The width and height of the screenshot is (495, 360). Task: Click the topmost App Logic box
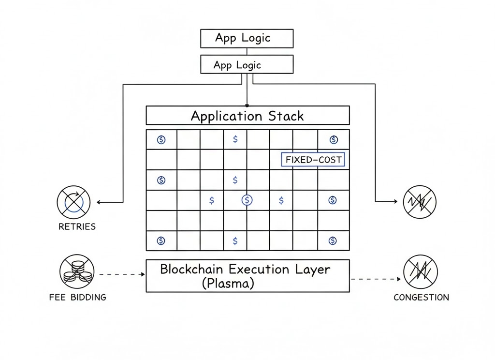tap(247, 38)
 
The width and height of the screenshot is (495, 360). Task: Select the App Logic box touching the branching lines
tap(247, 64)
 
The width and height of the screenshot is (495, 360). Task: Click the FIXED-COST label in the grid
tap(313, 160)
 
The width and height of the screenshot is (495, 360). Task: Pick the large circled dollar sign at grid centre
tap(247, 199)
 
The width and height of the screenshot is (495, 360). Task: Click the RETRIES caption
tap(77, 226)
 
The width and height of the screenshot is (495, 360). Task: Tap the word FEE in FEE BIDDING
tap(58, 297)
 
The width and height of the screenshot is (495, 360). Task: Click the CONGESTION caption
tap(421, 297)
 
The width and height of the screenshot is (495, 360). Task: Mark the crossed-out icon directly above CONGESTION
tap(420, 271)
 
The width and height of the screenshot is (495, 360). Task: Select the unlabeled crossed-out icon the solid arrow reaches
tap(420, 201)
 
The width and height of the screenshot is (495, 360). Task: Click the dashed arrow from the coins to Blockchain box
tap(122, 274)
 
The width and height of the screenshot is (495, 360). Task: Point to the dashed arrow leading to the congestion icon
tap(376, 279)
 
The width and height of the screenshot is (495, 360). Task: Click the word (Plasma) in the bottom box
tap(228, 284)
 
